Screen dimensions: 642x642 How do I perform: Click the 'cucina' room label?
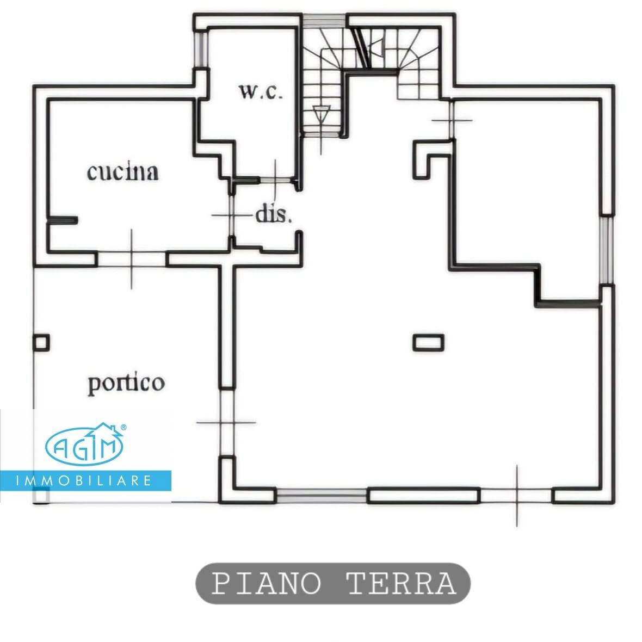(123, 172)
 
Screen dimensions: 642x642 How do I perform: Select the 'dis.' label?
(274, 215)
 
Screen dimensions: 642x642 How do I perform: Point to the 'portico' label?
(126, 383)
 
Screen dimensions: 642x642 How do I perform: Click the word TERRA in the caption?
(401, 584)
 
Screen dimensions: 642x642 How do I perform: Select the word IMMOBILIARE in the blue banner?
(85, 481)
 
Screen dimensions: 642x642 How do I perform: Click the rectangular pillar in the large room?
(428, 342)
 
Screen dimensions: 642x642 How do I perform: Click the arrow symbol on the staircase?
(322, 114)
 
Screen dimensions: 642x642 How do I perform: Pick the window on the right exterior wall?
(607, 249)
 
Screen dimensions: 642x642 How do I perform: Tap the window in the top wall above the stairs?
(325, 21)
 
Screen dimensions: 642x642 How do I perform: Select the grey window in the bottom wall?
(322, 496)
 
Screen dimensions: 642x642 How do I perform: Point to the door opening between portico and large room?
(226, 422)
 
